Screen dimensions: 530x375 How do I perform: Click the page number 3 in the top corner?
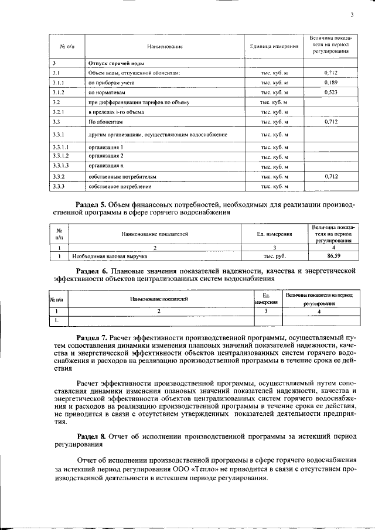(352, 16)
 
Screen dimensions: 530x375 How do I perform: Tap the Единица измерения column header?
(274, 46)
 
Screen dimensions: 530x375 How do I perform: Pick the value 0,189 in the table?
(331, 83)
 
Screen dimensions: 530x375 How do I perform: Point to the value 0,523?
(331, 93)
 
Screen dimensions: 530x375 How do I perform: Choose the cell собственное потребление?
(120, 186)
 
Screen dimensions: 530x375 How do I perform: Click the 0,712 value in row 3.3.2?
(331, 176)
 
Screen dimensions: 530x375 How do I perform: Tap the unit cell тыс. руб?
(274, 256)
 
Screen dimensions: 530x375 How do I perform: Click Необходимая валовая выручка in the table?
(109, 256)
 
